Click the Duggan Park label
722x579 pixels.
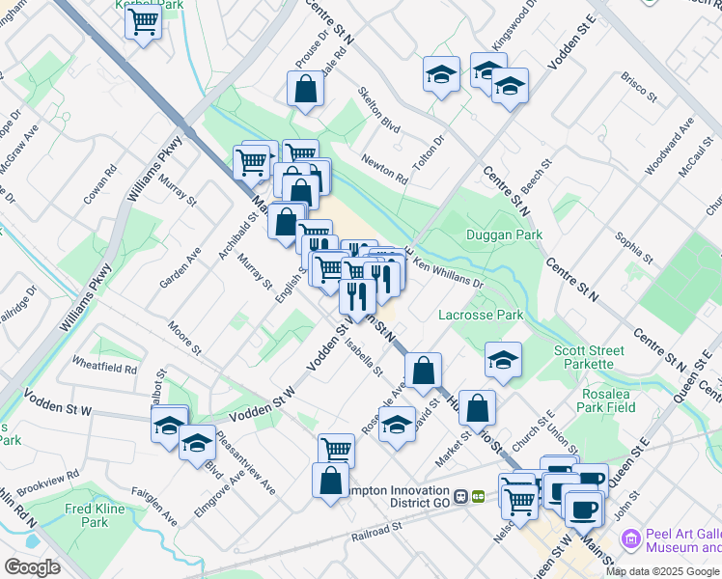504,234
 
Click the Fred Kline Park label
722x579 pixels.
94,514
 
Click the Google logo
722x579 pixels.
32,567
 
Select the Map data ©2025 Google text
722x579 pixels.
662,571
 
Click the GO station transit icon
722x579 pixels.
469,495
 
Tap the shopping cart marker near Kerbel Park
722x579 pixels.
143,21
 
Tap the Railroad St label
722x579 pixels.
376,532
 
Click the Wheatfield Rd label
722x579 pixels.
104,367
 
